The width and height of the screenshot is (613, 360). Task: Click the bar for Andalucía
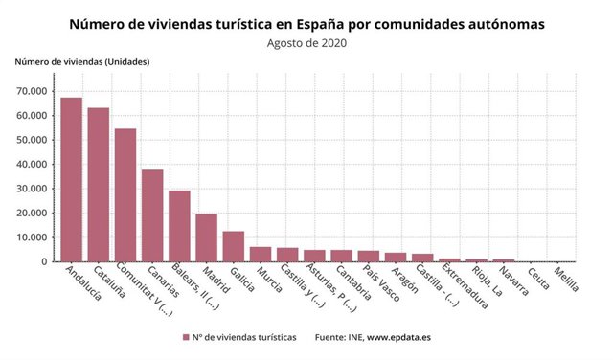(x=72, y=179)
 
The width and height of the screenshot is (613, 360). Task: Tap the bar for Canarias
(x=152, y=215)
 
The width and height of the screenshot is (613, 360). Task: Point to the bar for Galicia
(x=234, y=246)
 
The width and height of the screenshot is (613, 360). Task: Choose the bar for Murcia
(x=261, y=254)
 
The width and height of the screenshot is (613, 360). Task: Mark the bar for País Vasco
(x=369, y=256)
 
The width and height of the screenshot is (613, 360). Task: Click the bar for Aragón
(x=396, y=257)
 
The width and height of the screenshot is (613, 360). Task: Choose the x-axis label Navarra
(x=512, y=283)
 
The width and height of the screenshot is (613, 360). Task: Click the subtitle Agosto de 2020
(x=306, y=42)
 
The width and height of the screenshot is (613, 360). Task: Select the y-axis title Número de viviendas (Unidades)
(x=81, y=62)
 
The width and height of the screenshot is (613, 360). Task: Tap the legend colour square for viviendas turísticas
(x=186, y=338)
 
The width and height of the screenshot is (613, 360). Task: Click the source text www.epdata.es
(x=400, y=338)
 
